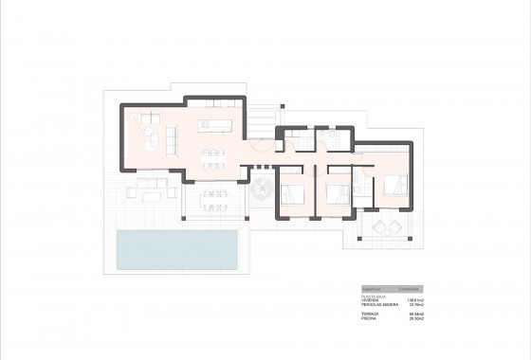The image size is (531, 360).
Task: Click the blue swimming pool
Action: click(x=176, y=249)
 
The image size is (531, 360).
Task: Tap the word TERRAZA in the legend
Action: click(x=370, y=314)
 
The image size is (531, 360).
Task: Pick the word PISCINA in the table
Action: click(x=369, y=318)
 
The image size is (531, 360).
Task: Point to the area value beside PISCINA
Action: click(x=414, y=318)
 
